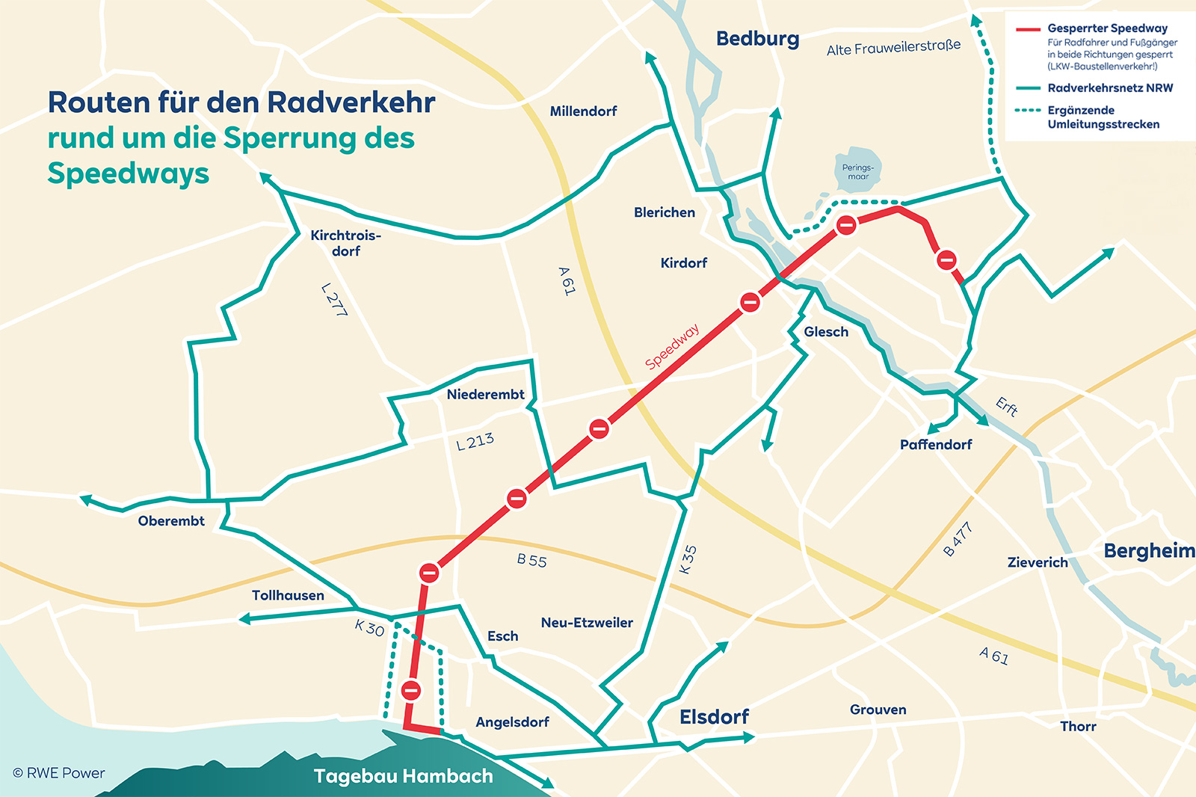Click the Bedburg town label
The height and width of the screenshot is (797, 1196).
757,39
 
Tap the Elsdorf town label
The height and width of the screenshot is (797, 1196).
714,717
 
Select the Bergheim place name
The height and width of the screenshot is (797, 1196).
1149,551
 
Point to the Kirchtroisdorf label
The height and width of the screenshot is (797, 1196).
346,243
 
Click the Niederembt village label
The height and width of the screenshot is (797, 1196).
485,395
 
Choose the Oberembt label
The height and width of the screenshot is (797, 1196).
171,521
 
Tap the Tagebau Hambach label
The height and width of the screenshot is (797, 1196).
404,776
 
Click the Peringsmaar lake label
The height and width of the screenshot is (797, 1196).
857,172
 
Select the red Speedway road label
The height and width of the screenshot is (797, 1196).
672,346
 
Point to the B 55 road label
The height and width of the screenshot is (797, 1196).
532,560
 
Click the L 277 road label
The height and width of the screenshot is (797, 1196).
334,299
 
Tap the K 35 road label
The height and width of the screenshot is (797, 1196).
688,559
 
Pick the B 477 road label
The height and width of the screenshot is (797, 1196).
958,539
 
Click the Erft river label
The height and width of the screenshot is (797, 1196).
1007,407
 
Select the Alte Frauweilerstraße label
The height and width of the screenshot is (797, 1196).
893,48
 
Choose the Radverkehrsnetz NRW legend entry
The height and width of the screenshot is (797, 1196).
1110,88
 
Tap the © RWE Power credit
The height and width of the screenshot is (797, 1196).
59,773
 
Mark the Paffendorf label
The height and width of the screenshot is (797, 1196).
936,445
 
